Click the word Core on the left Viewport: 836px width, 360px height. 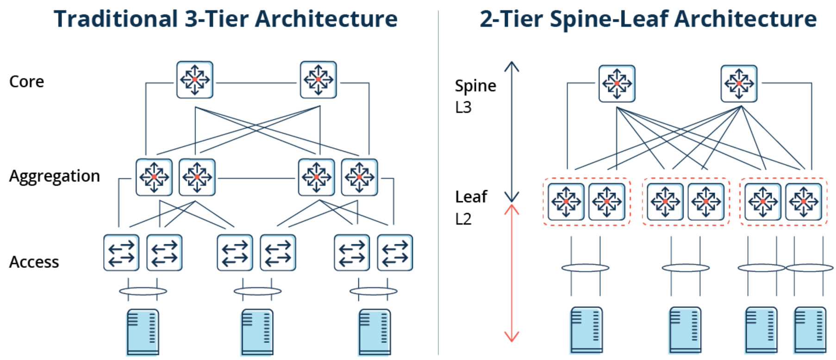click(x=26, y=81)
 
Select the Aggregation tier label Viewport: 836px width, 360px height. click(x=54, y=176)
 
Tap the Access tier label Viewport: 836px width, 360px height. click(x=34, y=262)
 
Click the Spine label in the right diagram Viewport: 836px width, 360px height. click(x=475, y=86)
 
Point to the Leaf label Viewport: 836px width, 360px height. click(x=471, y=197)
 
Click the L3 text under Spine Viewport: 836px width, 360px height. click(x=463, y=107)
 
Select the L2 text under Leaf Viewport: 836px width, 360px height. click(x=463, y=219)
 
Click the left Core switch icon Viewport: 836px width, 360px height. click(x=195, y=80)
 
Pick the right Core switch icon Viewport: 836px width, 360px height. click(x=318, y=80)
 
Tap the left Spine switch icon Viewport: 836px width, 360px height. click(x=617, y=84)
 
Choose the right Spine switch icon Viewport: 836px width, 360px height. click(x=739, y=84)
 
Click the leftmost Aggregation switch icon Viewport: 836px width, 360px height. click(x=154, y=177)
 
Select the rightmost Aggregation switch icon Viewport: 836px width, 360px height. click(x=359, y=177)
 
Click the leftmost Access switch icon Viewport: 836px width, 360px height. click(x=121, y=253)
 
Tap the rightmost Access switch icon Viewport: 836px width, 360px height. click(x=395, y=253)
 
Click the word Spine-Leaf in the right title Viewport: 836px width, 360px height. click(x=609, y=19)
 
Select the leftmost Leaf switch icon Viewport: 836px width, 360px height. click(x=566, y=201)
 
